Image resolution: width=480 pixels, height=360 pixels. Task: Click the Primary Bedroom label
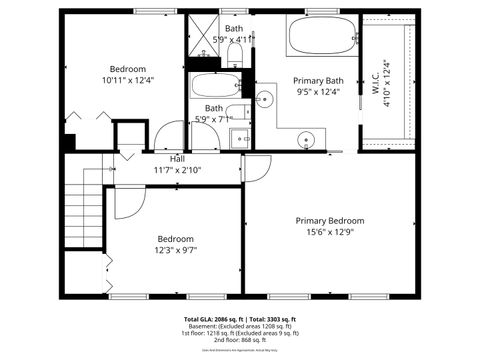(329, 220)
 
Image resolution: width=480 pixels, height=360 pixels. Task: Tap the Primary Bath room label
(317, 80)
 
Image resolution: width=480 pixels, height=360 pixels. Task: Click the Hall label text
(177, 159)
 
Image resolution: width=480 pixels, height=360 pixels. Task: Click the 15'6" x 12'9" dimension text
(329, 232)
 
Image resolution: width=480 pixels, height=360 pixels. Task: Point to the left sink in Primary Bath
(264, 98)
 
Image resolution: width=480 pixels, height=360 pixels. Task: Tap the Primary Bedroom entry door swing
(255, 168)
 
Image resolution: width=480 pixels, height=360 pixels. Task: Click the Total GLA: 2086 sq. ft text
(212, 319)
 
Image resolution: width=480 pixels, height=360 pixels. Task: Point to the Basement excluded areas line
(240, 326)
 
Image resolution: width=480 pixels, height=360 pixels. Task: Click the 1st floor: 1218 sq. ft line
(240, 333)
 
